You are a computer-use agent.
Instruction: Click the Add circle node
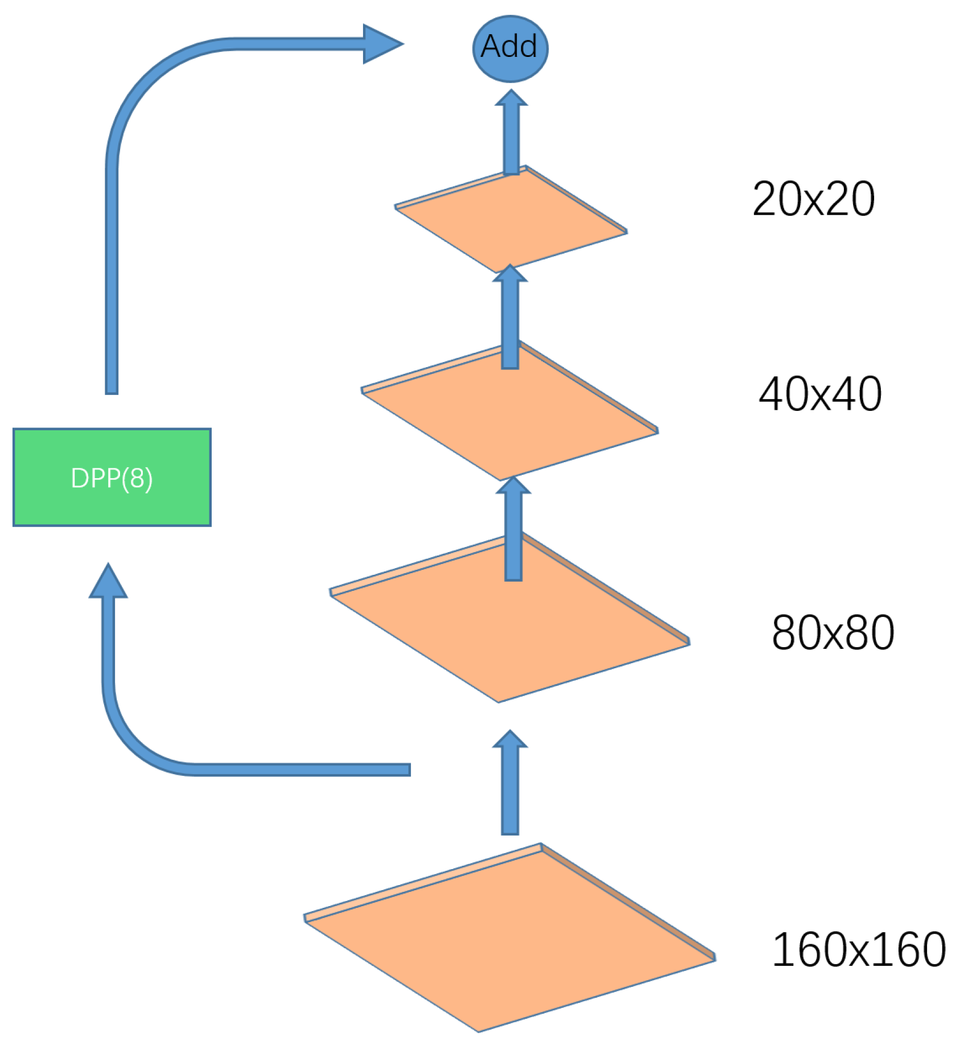(510, 48)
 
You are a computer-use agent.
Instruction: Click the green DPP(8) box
(112, 477)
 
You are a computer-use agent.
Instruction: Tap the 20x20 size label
(813, 199)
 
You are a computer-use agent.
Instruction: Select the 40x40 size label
(820, 394)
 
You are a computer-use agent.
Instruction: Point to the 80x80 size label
(833, 632)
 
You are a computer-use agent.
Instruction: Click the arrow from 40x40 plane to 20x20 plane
(510, 319)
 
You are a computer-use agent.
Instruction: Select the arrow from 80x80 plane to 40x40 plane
(513, 529)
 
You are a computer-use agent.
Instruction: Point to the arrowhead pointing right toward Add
(381, 44)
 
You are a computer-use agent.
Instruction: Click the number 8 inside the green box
(137, 478)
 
